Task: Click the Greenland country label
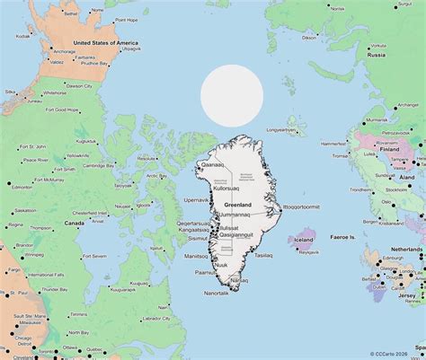231,205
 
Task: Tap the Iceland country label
303,240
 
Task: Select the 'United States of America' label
105,43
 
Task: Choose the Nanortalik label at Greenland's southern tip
217,294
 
